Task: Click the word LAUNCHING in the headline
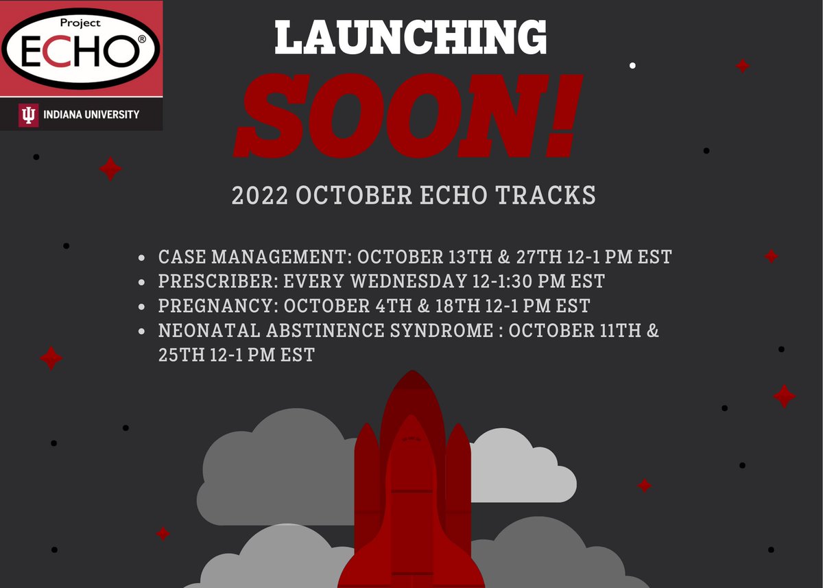[410, 38]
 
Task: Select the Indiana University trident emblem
[28, 115]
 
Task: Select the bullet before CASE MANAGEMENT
[142, 259]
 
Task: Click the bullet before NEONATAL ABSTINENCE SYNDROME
[142, 331]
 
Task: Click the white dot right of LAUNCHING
[632, 66]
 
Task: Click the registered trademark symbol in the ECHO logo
[142, 40]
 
